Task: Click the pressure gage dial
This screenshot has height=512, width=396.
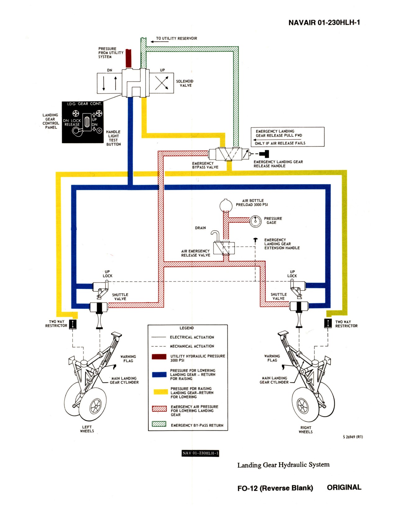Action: [255, 221]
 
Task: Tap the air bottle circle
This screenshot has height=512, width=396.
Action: [226, 205]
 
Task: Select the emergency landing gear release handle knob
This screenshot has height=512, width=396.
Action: [265, 154]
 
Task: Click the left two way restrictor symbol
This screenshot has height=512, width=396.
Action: [73, 324]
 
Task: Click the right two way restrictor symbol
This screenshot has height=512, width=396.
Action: [328, 323]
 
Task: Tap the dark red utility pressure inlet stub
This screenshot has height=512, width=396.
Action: [128, 58]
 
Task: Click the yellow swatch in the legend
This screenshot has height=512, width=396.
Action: [161, 392]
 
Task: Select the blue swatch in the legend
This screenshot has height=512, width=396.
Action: [159, 375]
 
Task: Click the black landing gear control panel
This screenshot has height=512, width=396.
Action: [83, 122]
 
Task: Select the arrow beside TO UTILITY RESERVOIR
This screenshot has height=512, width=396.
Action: [159, 42]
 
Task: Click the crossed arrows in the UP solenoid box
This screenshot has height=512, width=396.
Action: [162, 83]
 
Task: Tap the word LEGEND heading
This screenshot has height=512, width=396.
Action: [187, 328]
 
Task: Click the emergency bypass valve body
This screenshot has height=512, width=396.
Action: [229, 154]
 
